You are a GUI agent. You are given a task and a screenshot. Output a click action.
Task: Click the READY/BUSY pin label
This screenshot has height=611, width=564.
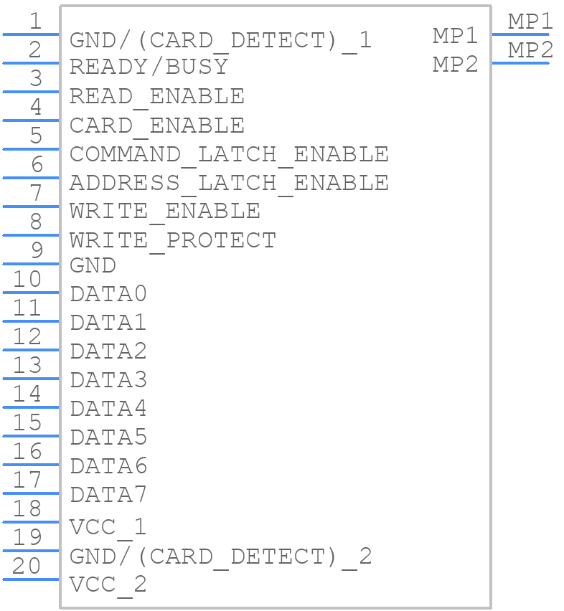149,66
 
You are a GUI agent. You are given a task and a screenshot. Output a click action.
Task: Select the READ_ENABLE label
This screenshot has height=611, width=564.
156,97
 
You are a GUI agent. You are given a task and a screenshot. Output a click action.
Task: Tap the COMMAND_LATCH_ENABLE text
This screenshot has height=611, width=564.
229,155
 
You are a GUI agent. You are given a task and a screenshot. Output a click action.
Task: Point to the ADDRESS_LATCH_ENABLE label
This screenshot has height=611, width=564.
229,184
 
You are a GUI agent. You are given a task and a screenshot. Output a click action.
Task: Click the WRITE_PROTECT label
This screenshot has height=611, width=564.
173,241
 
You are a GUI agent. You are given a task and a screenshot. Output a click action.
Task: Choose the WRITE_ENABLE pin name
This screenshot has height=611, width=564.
164,212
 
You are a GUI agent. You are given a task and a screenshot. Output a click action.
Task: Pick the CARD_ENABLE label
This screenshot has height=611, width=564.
156,126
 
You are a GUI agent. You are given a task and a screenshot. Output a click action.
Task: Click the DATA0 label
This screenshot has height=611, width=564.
108,294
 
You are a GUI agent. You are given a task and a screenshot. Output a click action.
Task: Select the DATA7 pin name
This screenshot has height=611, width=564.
108,495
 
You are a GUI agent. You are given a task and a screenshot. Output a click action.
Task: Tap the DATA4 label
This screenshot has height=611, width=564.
108,408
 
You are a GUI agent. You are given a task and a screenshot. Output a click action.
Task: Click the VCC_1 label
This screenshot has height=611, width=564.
108,528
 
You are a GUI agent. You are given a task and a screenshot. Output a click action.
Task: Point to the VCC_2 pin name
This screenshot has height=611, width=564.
108,585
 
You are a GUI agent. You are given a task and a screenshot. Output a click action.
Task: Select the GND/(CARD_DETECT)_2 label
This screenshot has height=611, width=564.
220,557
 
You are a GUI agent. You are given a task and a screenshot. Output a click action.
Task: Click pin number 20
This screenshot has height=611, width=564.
27,566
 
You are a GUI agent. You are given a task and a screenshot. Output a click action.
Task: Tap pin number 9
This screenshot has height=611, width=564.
37,250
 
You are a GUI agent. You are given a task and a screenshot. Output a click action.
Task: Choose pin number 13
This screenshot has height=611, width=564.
27,365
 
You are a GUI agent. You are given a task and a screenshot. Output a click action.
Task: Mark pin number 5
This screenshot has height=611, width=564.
37,136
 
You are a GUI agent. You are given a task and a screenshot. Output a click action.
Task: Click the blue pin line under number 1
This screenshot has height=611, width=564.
31,34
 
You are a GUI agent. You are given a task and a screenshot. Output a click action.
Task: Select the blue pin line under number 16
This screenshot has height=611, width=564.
31,465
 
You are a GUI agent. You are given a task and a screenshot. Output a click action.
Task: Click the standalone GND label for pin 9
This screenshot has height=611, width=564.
93,265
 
